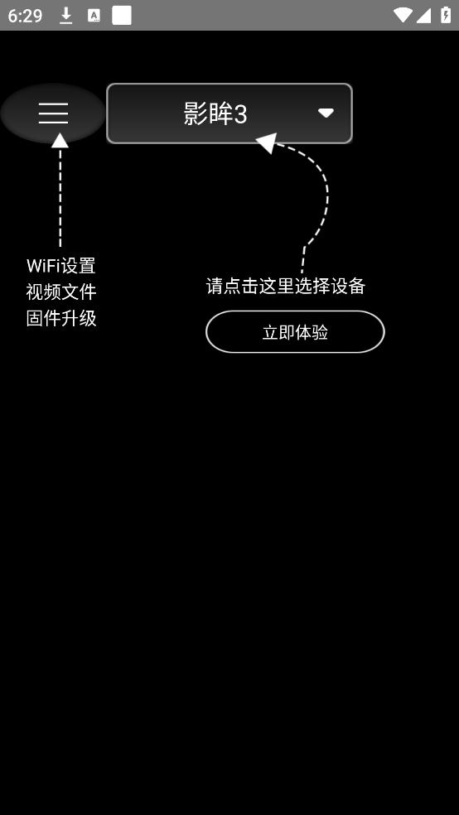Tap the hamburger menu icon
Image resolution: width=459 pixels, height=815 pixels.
click(54, 113)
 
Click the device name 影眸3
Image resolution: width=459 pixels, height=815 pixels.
click(215, 113)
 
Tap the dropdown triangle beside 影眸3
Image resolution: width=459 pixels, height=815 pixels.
click(326, 113)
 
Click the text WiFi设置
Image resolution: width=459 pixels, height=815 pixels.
click(60, 266)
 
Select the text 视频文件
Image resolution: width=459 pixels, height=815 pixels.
click(61, 292)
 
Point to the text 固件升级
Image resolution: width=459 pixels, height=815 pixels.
click(61, 318)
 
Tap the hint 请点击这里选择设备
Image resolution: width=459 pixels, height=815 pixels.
click(286, 286)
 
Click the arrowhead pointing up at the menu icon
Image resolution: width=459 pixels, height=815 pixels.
click(60, 140)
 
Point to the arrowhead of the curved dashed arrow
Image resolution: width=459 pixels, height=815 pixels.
click(267, 143)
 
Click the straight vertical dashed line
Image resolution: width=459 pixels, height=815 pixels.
click(60, 197)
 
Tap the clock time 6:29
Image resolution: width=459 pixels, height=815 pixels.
click(25, 16)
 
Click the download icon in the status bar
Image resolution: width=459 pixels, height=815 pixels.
click(66, 16)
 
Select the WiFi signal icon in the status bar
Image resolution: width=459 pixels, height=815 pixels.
click(403, 15)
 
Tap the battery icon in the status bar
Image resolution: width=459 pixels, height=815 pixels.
click(446, 15)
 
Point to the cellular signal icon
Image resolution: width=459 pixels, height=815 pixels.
click(423, 16)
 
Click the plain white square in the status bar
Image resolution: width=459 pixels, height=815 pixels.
click(122, 16)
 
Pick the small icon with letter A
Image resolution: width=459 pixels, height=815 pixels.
click(94, 16)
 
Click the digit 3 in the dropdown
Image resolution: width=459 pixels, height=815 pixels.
click(240, 113)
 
